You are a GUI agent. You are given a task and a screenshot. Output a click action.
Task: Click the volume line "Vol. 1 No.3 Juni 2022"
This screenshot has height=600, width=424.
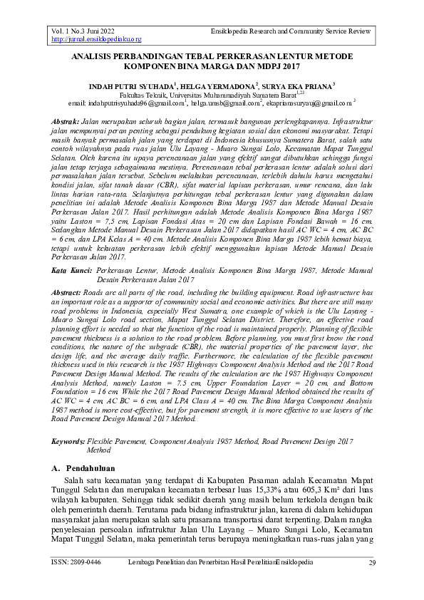(x=83, y=32)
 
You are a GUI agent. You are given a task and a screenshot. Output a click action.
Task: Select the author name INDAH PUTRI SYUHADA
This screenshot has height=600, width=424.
(x=131, y=86)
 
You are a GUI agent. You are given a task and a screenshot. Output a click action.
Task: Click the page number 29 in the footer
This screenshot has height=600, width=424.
(x=371, y=563)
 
